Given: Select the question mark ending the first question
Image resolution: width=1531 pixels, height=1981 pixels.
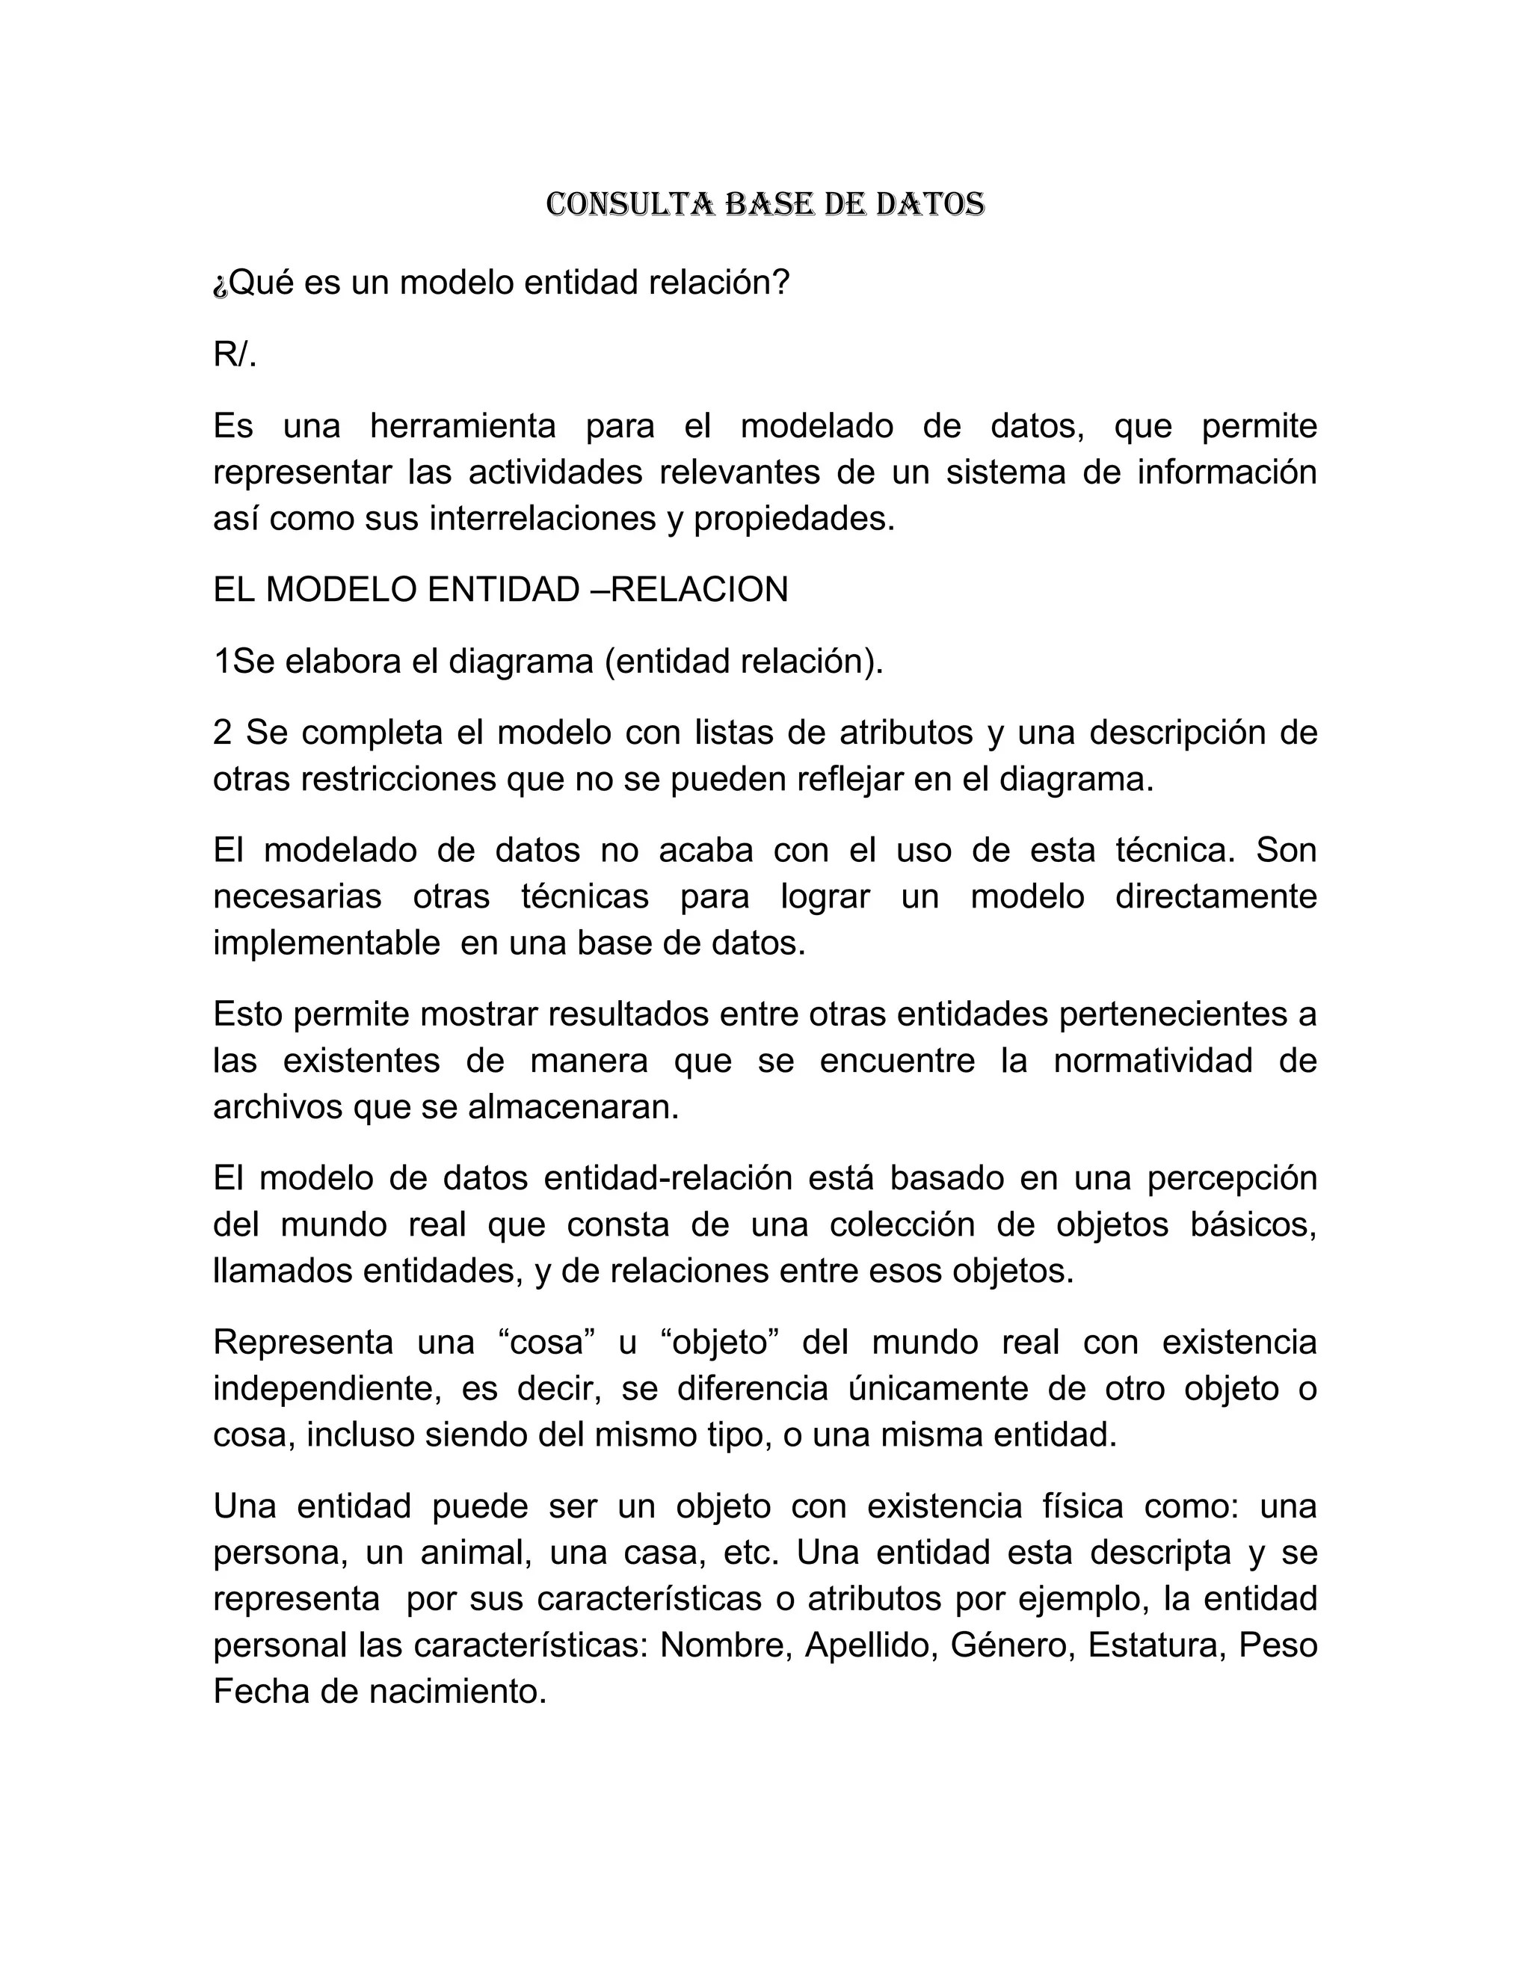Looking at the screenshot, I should click(x=781, y=283).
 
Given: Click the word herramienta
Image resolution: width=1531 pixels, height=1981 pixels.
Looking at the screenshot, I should click(x=463, y=425).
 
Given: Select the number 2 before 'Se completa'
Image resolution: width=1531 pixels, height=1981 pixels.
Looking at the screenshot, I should click(x=222, y=732).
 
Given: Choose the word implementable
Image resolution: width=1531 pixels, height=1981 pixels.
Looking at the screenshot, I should click(x=327, y=943).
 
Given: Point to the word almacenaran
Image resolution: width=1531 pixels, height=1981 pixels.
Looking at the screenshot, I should click(x=573, y=1108).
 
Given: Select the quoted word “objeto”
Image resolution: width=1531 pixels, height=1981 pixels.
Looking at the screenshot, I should click(x=721, y=1343).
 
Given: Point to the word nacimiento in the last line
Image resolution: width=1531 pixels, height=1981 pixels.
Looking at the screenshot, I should click(x=457, y=1692).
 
